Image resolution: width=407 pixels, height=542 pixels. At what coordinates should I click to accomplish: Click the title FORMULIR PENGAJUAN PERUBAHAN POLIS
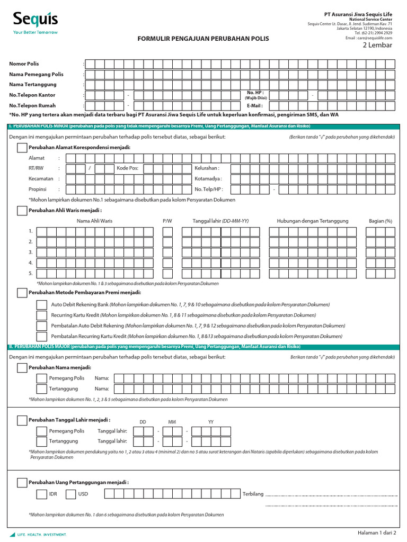[x=203, y=39]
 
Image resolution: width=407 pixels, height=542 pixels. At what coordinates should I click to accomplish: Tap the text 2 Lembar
[x=377, y=45]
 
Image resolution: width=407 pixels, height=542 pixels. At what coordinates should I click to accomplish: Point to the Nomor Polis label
[x=24, y=64]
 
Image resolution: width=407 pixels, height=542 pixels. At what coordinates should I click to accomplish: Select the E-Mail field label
[x=254, y=105]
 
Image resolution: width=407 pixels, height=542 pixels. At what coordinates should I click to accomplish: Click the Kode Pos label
[x=127, y=168]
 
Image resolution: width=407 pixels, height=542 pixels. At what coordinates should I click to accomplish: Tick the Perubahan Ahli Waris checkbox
[x=22, y=211]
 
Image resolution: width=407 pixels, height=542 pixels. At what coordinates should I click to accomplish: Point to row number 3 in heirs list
[x=31, y=252]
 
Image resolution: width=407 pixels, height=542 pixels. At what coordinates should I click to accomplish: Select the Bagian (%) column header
[x=380, y=221]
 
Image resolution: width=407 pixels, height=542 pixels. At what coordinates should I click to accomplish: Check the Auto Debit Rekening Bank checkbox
[x=41, y=305]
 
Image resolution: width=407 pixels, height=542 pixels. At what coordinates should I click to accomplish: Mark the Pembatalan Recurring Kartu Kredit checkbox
[x=41, y=337]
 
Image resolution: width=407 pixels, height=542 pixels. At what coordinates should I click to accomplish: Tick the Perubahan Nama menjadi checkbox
[x=22, y=367]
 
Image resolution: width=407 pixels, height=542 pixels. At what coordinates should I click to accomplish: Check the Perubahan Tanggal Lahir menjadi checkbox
[x=22, y=420]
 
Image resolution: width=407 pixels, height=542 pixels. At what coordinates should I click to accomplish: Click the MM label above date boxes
[x=172, y=422]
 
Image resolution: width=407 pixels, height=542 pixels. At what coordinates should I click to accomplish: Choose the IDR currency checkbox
[x=41, y=494]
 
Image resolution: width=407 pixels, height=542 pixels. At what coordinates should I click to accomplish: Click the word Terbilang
[x=252, y=494]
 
